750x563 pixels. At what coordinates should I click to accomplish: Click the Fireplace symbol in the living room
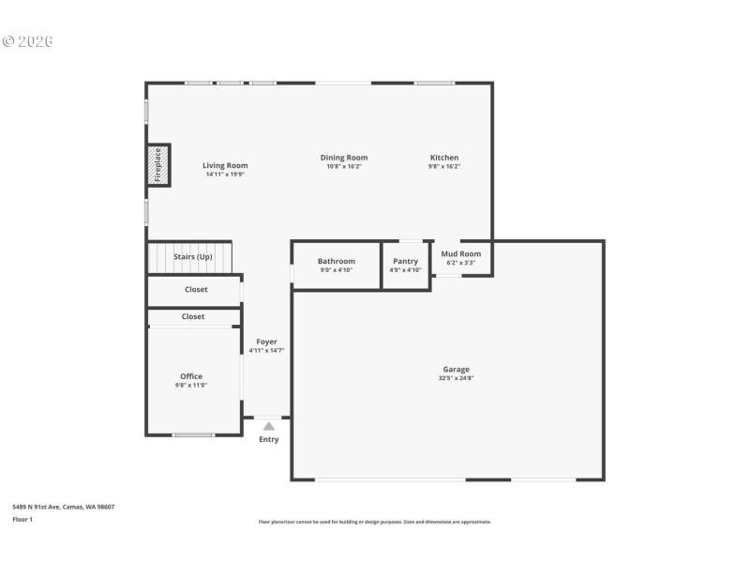click(x=157, y=164)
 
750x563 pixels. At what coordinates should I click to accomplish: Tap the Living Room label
click(x=225, y=165)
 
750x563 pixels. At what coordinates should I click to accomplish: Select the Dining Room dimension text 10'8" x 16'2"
click(x=344, y=167)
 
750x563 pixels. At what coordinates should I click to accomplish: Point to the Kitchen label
click(x=444, y=158)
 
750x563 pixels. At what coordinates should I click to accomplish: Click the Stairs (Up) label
click(x=193, y=256)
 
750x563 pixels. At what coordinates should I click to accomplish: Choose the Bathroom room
click(x=336, y=265)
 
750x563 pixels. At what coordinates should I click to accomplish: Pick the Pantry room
click(x=405, y=265)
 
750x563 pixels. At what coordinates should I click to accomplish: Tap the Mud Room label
click(x=460, y=253)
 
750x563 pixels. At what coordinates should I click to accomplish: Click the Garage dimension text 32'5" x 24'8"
click(x=457, y=378)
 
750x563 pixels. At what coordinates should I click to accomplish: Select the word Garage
click(x=457, y=369)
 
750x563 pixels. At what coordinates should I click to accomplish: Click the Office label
click(x=191, y=376)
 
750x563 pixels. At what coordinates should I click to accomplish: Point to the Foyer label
click(x=266, y=342)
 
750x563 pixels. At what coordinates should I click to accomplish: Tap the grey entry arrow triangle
click(x=269, y=426)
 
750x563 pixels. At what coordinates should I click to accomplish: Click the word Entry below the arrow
click(x=269, y=439)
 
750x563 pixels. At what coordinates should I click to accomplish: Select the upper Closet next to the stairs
click(x=195, y=290)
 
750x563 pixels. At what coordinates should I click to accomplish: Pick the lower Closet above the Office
click(x=193, y=317)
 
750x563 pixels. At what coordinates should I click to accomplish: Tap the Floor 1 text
click(x=22, y=519)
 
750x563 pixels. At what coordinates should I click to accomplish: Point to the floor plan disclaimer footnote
click(x=374, y=522)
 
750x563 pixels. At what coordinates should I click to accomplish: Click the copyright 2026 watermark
click(x=27, y=41)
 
